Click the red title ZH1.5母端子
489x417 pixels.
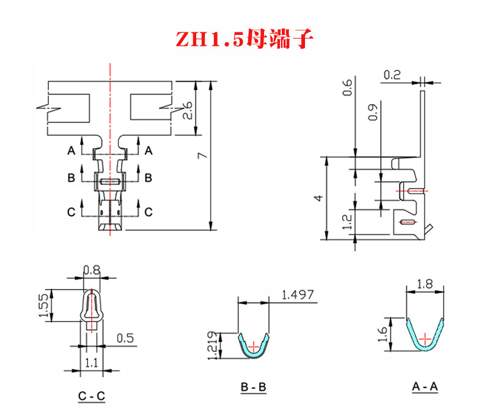pos(244,39)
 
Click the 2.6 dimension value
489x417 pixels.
pos(188,110)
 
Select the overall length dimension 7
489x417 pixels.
pos(203,155)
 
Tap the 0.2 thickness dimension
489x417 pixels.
pos(392,75)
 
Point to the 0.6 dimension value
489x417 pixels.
pos(347,88)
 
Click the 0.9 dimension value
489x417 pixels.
pos(373,112)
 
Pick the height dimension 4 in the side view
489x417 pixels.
pos(318,198)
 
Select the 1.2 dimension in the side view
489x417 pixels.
pos(347,222)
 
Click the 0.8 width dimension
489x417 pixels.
pos(92,270)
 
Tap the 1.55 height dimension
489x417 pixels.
pos(43,305)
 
